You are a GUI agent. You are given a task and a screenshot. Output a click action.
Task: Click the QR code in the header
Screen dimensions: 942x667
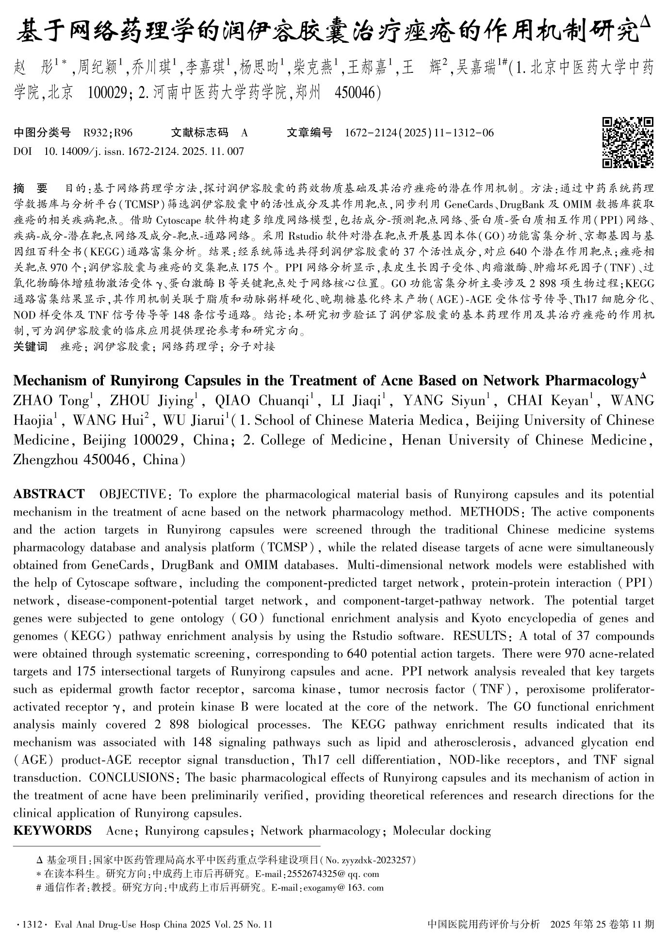point(628,143)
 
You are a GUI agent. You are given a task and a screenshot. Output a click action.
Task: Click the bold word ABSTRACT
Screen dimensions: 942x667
point(49,494)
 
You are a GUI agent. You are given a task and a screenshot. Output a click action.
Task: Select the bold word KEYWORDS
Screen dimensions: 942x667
point(52,830)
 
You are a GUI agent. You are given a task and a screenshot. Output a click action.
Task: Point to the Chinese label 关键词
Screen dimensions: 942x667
point(31,347)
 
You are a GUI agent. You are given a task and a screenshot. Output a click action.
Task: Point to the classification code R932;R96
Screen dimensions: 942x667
point(108,133)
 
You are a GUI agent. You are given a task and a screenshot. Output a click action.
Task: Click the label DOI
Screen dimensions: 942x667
point(22,151)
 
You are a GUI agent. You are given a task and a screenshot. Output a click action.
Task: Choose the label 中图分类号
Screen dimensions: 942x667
point(42,133)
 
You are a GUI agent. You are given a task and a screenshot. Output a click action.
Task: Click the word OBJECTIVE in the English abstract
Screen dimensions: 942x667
point(132,494)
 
